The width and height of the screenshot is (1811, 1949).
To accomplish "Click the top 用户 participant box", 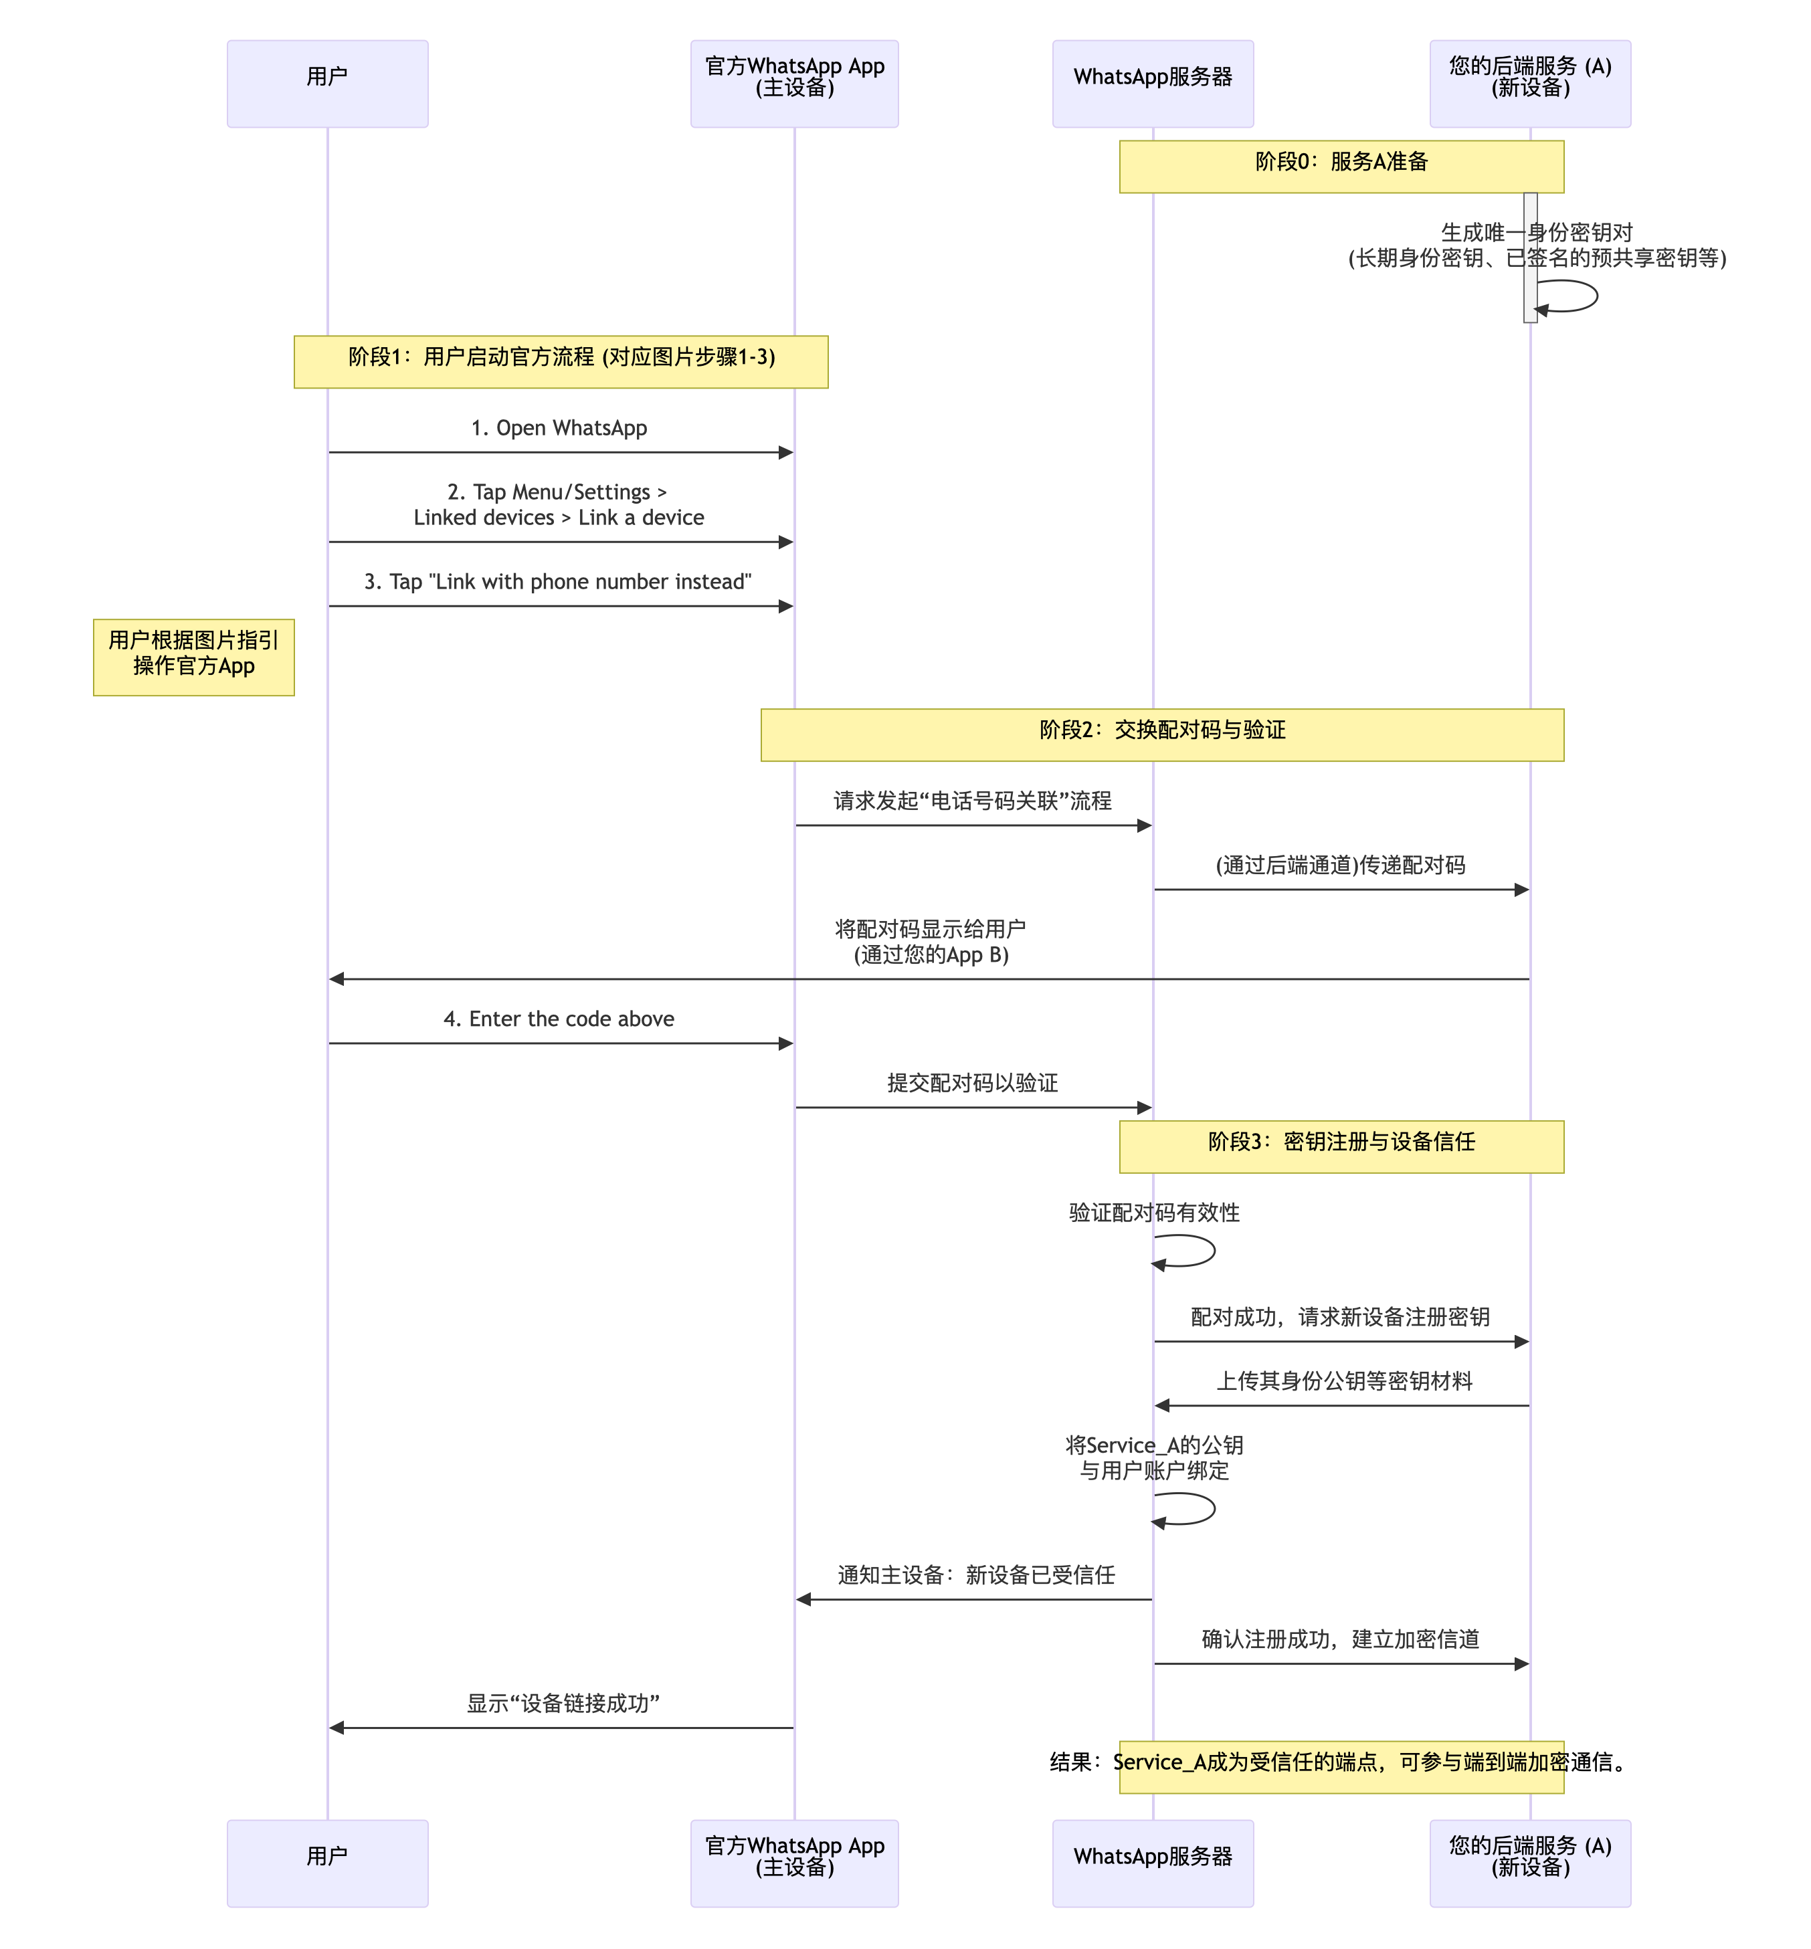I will (327, 84).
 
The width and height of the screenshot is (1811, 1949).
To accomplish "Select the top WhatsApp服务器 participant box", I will (1153, 84).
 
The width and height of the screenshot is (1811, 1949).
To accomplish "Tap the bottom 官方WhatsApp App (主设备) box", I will (794, 1863).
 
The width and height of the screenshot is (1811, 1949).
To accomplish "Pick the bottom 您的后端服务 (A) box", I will (1530, 1863).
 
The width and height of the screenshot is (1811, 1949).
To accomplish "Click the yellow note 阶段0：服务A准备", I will (1341, 167).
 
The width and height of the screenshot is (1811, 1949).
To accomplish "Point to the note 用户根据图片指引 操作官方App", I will (194, 657).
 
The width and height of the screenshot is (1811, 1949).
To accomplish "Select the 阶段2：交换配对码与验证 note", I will (1162, 735).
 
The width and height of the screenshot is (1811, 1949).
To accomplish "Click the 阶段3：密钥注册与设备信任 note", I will (1341, 1146).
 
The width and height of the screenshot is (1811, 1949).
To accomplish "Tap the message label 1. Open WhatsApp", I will (559, 428).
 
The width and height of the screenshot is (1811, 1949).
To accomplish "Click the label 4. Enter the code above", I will (559, 1019).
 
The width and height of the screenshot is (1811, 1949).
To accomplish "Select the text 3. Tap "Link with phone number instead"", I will (559, 582).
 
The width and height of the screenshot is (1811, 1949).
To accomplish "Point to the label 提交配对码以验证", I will (972, 1083).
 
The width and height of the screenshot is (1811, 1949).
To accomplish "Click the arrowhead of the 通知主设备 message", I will (803, 1599).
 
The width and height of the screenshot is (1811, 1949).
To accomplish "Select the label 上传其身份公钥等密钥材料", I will (1345, 1380).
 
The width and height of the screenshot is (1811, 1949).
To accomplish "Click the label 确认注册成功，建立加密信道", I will (1341, 1639).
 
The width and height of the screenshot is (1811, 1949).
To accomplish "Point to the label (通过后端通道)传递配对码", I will (1341, 865).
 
